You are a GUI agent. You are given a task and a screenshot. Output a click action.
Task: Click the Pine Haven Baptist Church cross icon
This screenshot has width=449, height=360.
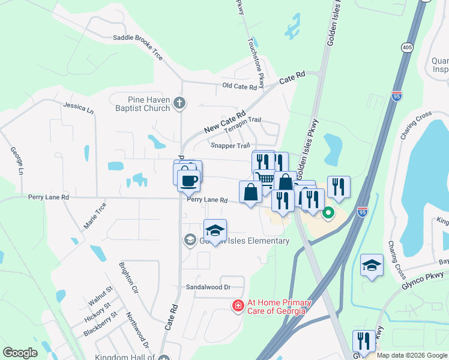tap(179, 103)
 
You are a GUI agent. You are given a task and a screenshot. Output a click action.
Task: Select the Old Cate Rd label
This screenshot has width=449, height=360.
tap(240, 86)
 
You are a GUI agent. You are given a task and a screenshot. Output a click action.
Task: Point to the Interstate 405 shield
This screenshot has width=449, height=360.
tap(408, 47)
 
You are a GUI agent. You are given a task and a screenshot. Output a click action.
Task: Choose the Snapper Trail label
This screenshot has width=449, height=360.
tap(230, 145)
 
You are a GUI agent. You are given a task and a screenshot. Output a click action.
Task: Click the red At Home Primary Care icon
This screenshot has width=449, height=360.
tap(238, 306)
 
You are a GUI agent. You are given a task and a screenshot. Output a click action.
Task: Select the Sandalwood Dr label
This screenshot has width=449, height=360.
tap(208, 287)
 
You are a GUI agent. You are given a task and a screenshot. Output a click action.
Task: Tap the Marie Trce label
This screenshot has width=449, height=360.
tap(95, 216)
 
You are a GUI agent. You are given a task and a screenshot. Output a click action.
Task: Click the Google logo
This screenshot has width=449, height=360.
tap(20, 353)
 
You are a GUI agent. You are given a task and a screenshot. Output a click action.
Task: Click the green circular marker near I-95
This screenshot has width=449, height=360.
tap(328, 213)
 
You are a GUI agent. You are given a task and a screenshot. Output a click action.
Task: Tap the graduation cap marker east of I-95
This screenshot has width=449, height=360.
tap(372, 265)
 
